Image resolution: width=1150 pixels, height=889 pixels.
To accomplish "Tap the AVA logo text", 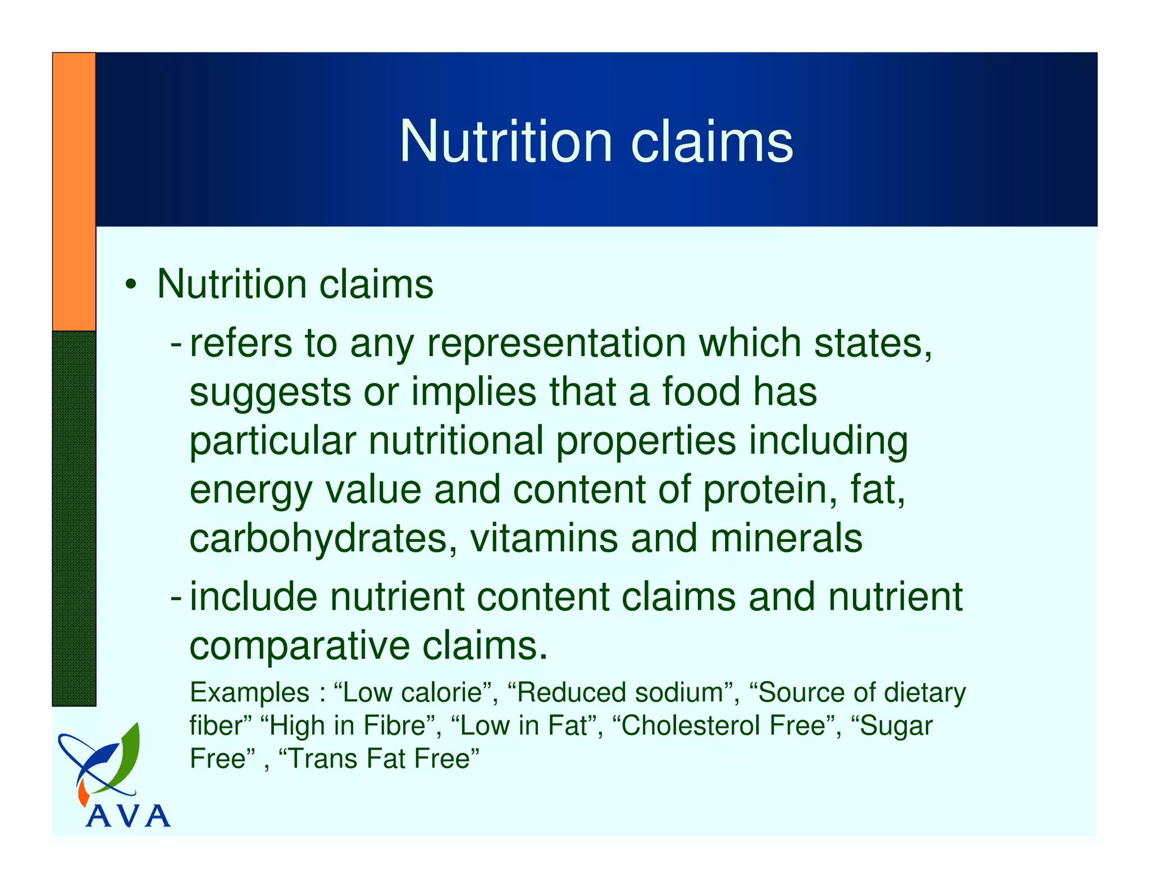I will coord(128,815).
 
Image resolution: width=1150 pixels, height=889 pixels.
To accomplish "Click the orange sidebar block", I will coord(74,191).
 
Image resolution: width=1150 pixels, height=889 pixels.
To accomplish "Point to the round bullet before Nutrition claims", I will coord(131,284).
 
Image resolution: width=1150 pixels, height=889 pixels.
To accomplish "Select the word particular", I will coord(272,441).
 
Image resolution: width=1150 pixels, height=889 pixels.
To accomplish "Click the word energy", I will coord(250,490).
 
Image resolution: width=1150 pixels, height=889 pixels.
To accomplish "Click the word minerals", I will coord(786,538).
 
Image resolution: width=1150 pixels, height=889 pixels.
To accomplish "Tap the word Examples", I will coord(249,692).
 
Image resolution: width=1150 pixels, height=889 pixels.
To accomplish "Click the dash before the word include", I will coord(176,597).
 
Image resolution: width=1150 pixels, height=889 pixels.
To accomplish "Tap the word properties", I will coord(646,441).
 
